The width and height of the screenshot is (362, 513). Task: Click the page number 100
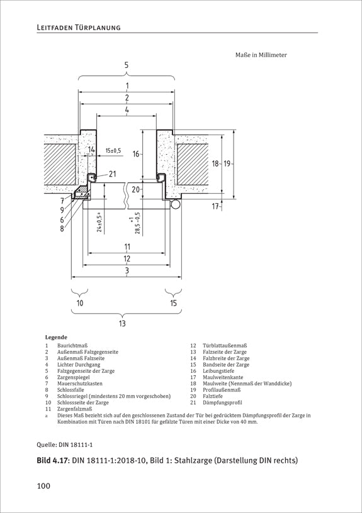[43, 486]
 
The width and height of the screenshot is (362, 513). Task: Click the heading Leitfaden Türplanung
[79, 28]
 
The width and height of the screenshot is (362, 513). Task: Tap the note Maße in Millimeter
[261, 55]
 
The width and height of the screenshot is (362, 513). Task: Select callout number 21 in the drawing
[112, 174]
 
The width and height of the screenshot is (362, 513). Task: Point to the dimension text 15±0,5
[113, 150]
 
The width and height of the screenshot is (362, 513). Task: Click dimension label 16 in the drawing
[136, 153]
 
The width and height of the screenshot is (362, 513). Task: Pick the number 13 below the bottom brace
[122, 324]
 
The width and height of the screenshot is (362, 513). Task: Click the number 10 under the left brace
[80, 303]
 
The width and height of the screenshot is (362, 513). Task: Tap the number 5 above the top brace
[127, 65]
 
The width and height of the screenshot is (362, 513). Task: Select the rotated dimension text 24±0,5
[99, 222]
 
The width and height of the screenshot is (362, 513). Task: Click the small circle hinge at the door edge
[176, 204]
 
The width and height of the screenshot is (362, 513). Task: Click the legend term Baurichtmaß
[72, 346]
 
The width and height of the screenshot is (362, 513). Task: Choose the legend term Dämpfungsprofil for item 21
[222, 403]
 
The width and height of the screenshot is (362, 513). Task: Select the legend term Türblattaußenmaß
[225, 346]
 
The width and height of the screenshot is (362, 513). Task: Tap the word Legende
[56, 338]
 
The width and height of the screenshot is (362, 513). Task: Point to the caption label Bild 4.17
[53, 460]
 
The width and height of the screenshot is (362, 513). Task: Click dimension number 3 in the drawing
[127, 270]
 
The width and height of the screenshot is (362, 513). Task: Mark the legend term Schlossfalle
[71, 390]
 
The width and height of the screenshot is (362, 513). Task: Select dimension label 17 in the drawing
[215, 206]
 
